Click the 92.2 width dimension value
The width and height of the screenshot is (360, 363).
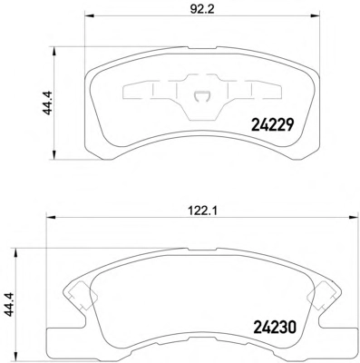pos(202,9)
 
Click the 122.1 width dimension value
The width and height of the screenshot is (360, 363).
pos(202,211)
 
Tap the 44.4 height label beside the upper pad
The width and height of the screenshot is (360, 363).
pos(47,103)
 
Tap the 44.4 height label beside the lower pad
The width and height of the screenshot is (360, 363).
pos(9,305)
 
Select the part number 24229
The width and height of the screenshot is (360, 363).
pos(272,124)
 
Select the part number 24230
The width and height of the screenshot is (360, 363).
pos(275,328)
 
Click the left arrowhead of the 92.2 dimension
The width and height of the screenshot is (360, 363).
pos(89,15)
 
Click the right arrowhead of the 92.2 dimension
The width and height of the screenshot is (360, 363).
pos(315,15)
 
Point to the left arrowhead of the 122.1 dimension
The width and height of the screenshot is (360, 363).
pos(51,217)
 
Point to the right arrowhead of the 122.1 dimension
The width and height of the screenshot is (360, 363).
pos(353,217)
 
